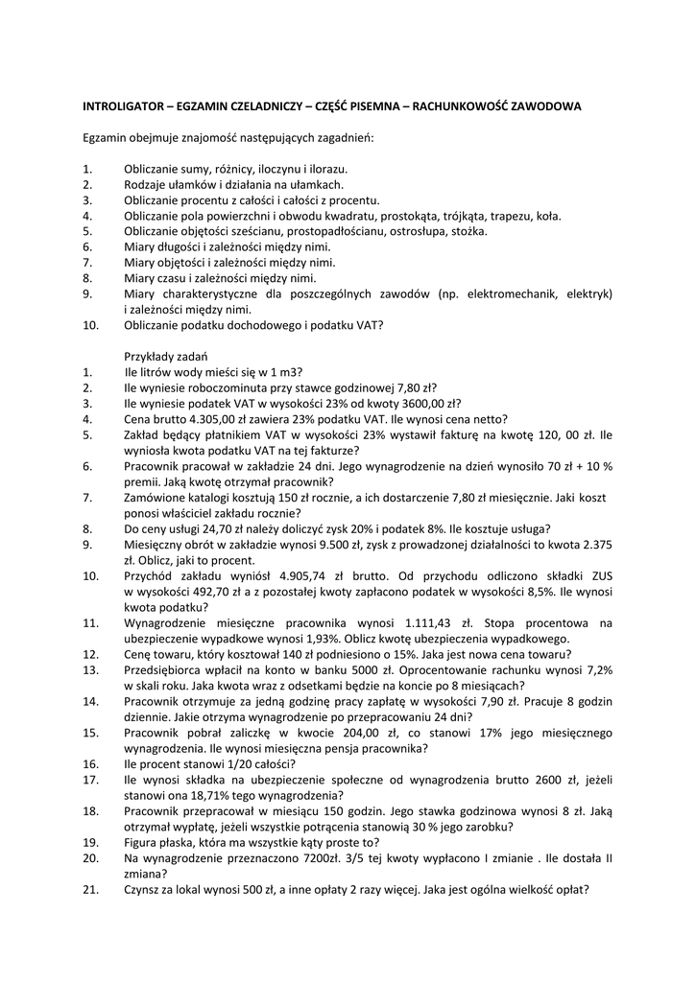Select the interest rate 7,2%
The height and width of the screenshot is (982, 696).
click(593, 669)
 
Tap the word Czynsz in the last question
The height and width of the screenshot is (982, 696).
click(142, 889)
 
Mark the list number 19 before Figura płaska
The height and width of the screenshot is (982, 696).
click(89, 842)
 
